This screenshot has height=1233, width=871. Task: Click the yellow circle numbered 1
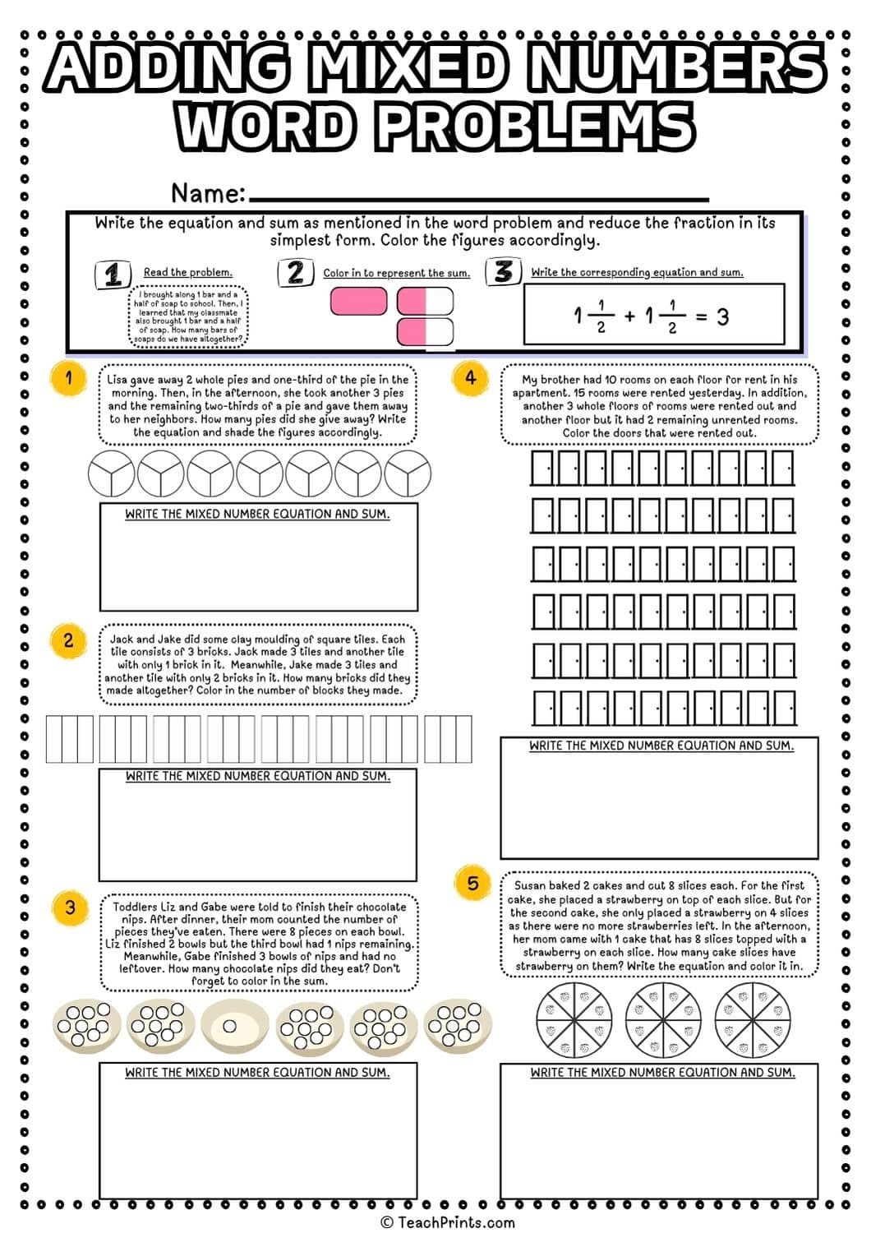point(69,378)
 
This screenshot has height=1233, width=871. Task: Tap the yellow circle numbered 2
point(68,640)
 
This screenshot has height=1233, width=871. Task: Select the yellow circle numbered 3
point(70,907)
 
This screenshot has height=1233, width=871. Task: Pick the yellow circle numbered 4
point(470,378)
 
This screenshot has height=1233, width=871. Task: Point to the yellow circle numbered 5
point(472,884)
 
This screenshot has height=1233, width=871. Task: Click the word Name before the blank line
point(208,193)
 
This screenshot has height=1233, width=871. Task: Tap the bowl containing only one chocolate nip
point(230,1026)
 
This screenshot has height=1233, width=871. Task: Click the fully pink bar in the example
point(358,302)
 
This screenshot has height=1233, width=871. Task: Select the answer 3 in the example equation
point(722,316)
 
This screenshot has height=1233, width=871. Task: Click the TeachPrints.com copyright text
point(448,1222)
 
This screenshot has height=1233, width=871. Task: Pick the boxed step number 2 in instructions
point(295,272)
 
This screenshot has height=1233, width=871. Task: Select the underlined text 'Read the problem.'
point(187,272)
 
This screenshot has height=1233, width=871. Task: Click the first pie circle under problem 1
point(111,473)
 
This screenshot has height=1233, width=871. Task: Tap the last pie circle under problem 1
point(408,473)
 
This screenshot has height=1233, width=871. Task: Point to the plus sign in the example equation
point(629,316)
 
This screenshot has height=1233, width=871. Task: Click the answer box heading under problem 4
point(661,746)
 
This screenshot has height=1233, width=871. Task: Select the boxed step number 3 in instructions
point(503,271)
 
